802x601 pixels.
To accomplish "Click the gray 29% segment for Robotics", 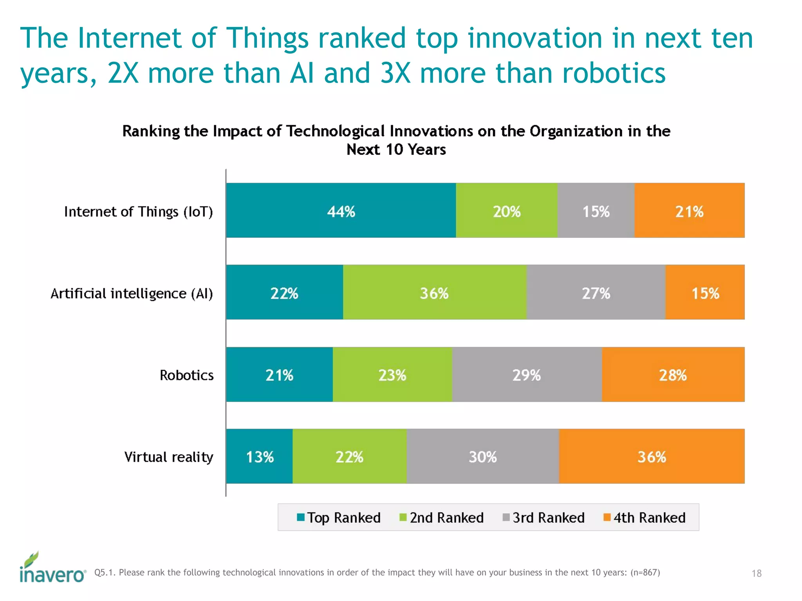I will (527, 374).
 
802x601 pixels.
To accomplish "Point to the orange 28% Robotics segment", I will (673, 374).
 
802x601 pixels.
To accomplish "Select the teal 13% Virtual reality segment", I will (259, 456).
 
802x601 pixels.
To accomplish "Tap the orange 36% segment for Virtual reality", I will (651, 456).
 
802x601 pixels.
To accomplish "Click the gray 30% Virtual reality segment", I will (482, 456).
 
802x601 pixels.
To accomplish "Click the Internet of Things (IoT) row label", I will (138, 212).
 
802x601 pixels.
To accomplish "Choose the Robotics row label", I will (186, 375).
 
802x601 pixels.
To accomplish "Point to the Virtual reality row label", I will (168, 457).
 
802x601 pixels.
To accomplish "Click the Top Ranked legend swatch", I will (301, 517).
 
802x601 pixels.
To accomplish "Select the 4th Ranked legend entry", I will (645, 518).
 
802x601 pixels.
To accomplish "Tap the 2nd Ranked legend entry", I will (442, 518).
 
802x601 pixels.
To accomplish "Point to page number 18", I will (756, 573).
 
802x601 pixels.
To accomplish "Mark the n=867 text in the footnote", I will (645, 572).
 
